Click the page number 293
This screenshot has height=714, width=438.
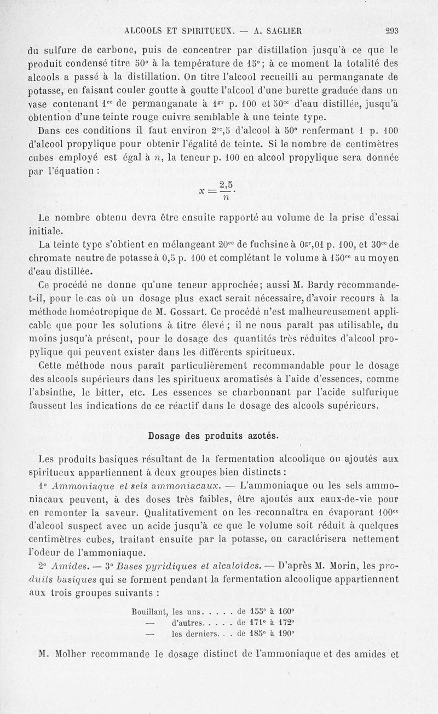pyautogui.click(x=392, y=31)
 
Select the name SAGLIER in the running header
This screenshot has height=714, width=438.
pyautogui.click(x=267, y=31)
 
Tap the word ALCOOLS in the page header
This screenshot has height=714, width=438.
pyautogui.click(x=145, y=31)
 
